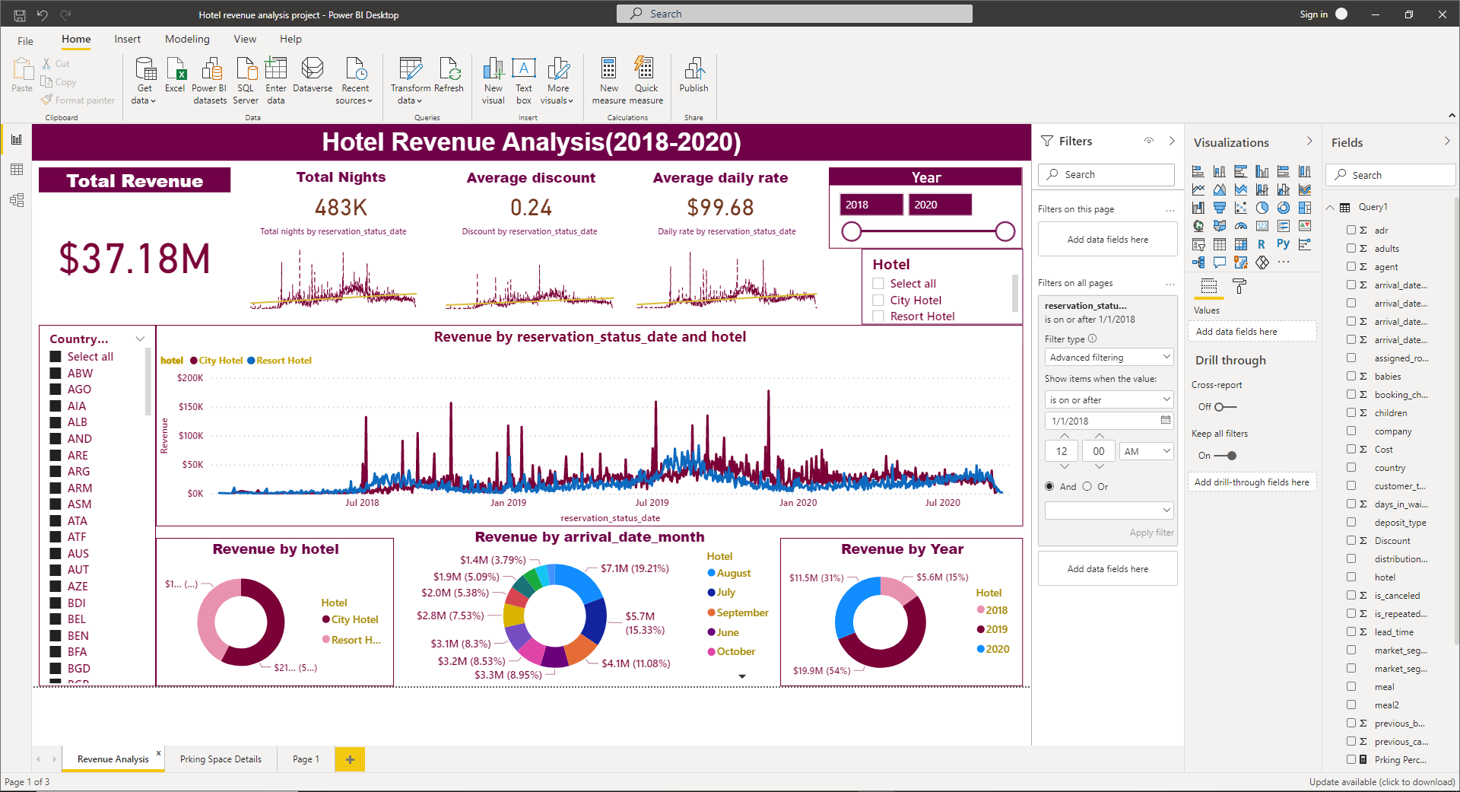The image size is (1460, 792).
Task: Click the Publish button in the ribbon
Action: (x=693, y=76)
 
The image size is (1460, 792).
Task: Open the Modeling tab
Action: (x=187, y=39)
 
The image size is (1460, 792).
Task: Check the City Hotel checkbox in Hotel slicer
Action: (x=878, y=301)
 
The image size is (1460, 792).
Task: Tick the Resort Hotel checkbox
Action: (x=878, y=316)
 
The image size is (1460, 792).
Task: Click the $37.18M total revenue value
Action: (x=135, y=259)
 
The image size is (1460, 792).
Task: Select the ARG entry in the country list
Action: (x=78, y=472)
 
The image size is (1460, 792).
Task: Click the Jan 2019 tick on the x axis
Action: (x=508, y=503)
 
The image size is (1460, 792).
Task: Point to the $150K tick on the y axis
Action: (x=190, y=407)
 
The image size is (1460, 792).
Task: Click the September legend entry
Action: (x=741, y=612)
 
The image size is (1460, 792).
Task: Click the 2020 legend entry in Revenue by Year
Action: (x=997, y=649)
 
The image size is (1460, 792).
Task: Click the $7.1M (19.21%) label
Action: (x=634, y=568)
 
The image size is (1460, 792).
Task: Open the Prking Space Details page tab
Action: (x=221, y=759)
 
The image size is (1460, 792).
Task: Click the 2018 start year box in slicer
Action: (x=871, y=205)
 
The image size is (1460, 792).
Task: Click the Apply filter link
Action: (x=1151, y=533)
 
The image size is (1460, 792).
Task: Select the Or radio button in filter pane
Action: (x=1087, y=487)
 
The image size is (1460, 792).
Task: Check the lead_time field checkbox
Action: (x=1351, y=631)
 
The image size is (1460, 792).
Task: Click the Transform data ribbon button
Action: (x=411, y=80)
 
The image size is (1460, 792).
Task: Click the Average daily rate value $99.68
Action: (x=720, y=208)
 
